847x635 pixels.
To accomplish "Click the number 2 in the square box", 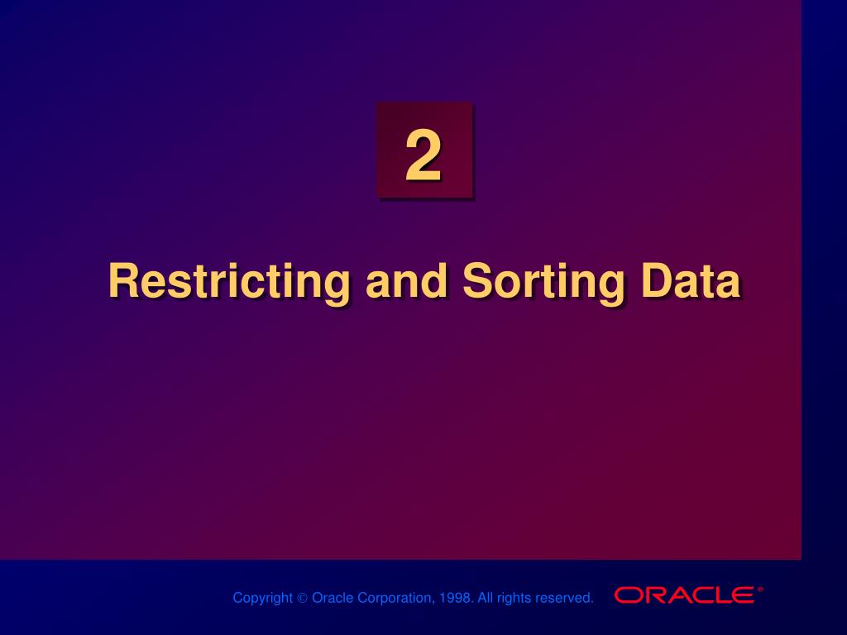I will tap(423, 157).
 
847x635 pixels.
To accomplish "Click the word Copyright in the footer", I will tap(262, 598).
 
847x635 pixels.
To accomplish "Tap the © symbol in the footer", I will tap(302, 598).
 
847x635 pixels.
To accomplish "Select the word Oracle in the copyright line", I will tap(333, 598).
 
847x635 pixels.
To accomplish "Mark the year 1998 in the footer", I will tap(454, 598).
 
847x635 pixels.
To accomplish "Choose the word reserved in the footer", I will tap(564, 598).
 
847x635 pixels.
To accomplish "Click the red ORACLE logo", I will tap(684, 595).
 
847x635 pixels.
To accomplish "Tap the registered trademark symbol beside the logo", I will tap(759, 590).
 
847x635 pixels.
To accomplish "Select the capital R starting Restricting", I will tap(122, 281).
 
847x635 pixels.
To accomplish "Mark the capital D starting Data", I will tap(656, 281).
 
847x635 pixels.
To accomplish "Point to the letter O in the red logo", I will tap(628, 595).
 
